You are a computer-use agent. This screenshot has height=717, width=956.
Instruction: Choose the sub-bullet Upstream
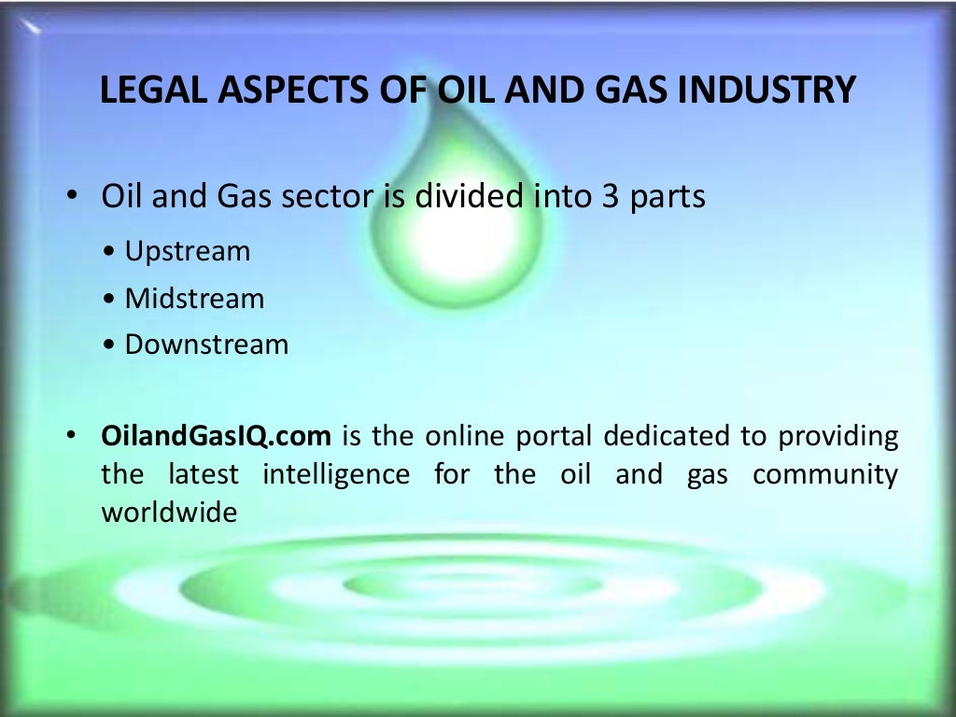coord(188,251)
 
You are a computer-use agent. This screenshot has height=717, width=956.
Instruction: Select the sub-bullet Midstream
coord(194,299)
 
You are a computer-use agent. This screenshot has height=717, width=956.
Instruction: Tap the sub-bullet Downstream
coord(206,344)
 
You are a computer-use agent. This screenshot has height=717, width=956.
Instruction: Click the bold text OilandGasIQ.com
coord(216,436)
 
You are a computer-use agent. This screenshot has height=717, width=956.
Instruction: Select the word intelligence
coord(336,474)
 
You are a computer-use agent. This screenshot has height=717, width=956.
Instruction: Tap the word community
coord(825,474)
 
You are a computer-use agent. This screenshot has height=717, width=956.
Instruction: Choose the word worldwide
coord(169,513)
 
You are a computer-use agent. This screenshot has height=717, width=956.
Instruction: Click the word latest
coord(203,474)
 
